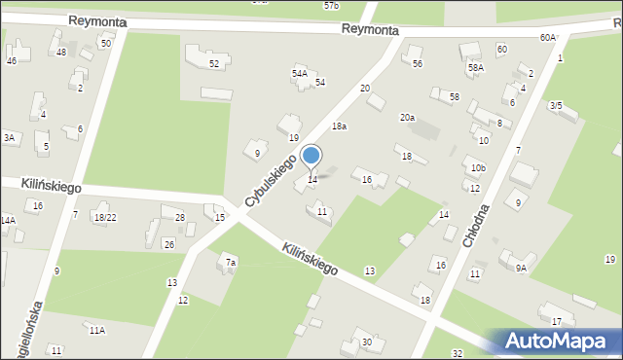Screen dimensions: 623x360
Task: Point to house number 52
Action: [x=214, y=63]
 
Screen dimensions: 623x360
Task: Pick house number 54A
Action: [x=300, y=73]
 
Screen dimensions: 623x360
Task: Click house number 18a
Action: [x=339, y=126]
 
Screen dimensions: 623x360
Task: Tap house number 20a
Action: [x=407, y=118]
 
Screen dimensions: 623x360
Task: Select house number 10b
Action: [x=477, y=168]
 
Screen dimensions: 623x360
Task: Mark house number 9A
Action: [x=521, y=268]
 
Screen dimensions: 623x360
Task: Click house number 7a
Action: [x=231, y=263]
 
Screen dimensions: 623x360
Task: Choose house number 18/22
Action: [x=105, y=217]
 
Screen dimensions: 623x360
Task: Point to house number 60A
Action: [x=547, y=37]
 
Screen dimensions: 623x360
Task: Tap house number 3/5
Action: [x=556, y=105]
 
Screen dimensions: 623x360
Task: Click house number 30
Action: [x=366, y=342]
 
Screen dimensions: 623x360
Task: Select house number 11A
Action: [x=97, y=331]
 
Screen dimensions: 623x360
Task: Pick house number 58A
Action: [x=475, y=68]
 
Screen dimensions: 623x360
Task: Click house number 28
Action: [x=180, y=217]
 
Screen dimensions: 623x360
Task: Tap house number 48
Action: [x=61, y=52]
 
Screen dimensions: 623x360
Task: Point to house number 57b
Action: [x=331, y=5]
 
